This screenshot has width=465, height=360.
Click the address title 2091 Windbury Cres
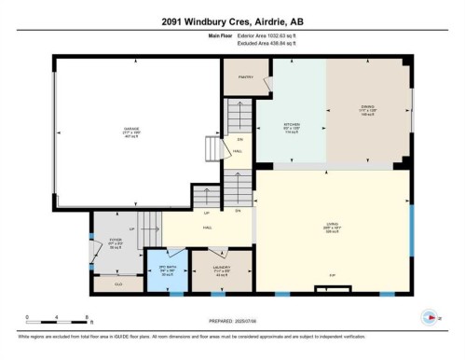pos(232,21)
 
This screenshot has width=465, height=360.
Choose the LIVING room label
pos(331,224)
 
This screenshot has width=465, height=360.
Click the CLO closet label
pos(118,284)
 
